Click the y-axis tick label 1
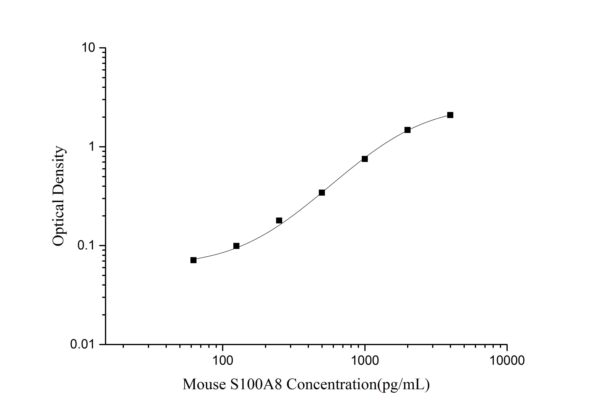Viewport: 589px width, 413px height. click(x=92, y=147)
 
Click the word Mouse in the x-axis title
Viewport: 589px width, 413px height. click(x=204, y=384)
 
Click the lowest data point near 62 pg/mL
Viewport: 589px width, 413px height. click(x=193, y=260)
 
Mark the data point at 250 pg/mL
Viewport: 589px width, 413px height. click(x=279, y=220)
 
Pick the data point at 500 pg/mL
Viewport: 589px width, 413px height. click(x=322, y=193)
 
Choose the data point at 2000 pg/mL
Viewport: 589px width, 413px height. click(x=407, y=130)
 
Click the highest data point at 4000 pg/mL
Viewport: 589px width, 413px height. click(x=450, y=115)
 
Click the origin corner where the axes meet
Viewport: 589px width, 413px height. click(x=106, y=344)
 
